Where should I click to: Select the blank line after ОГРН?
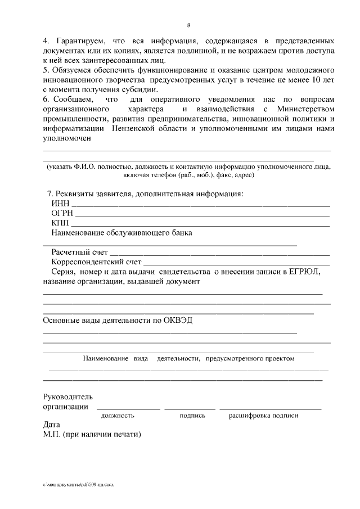pos(202,214)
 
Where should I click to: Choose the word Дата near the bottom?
pos(51,425)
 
